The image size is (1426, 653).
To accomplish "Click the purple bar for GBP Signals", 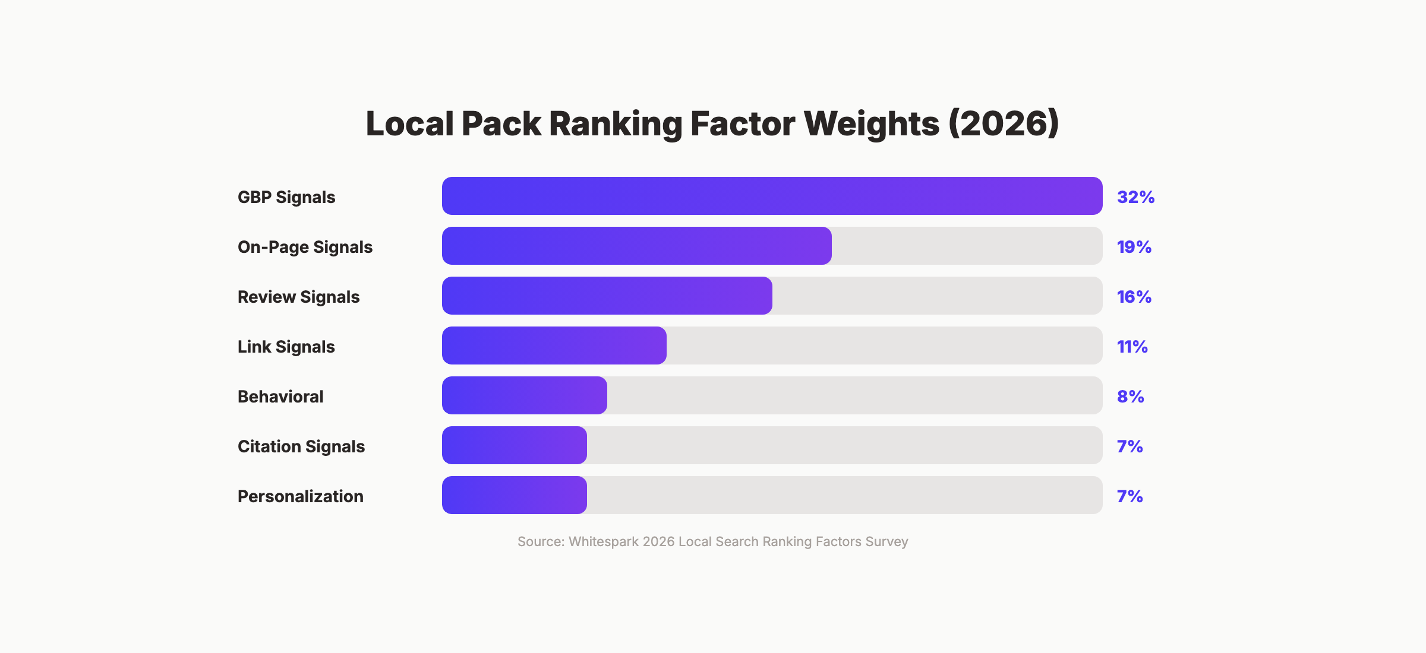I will tap(772, 196).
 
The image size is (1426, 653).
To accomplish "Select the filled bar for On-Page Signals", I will tap(637, 246).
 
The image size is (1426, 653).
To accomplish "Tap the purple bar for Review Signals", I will tap(607, 296).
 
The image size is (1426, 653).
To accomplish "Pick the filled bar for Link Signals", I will tap(554, 345).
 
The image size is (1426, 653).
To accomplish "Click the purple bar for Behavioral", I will tap(525, 395).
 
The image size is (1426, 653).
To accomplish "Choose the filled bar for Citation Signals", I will tap(515, 445).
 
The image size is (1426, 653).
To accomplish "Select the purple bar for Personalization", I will tap(515, 495).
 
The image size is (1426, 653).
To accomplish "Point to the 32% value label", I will tap(1135, 197).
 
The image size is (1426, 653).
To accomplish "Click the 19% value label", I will tap(1134, 247).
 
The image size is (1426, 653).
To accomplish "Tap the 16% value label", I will tap(1134, 297).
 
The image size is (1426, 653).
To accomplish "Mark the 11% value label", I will tap(1132, 347).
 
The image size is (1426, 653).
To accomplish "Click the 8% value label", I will tap(1130, 397).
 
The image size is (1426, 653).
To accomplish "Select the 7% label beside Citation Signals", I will tap(1130, 446).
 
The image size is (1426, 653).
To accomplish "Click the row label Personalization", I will tap(300, 496).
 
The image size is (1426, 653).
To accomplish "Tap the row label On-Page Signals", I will tap(305, 247).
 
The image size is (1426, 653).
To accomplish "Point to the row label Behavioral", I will tap(280, 397).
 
